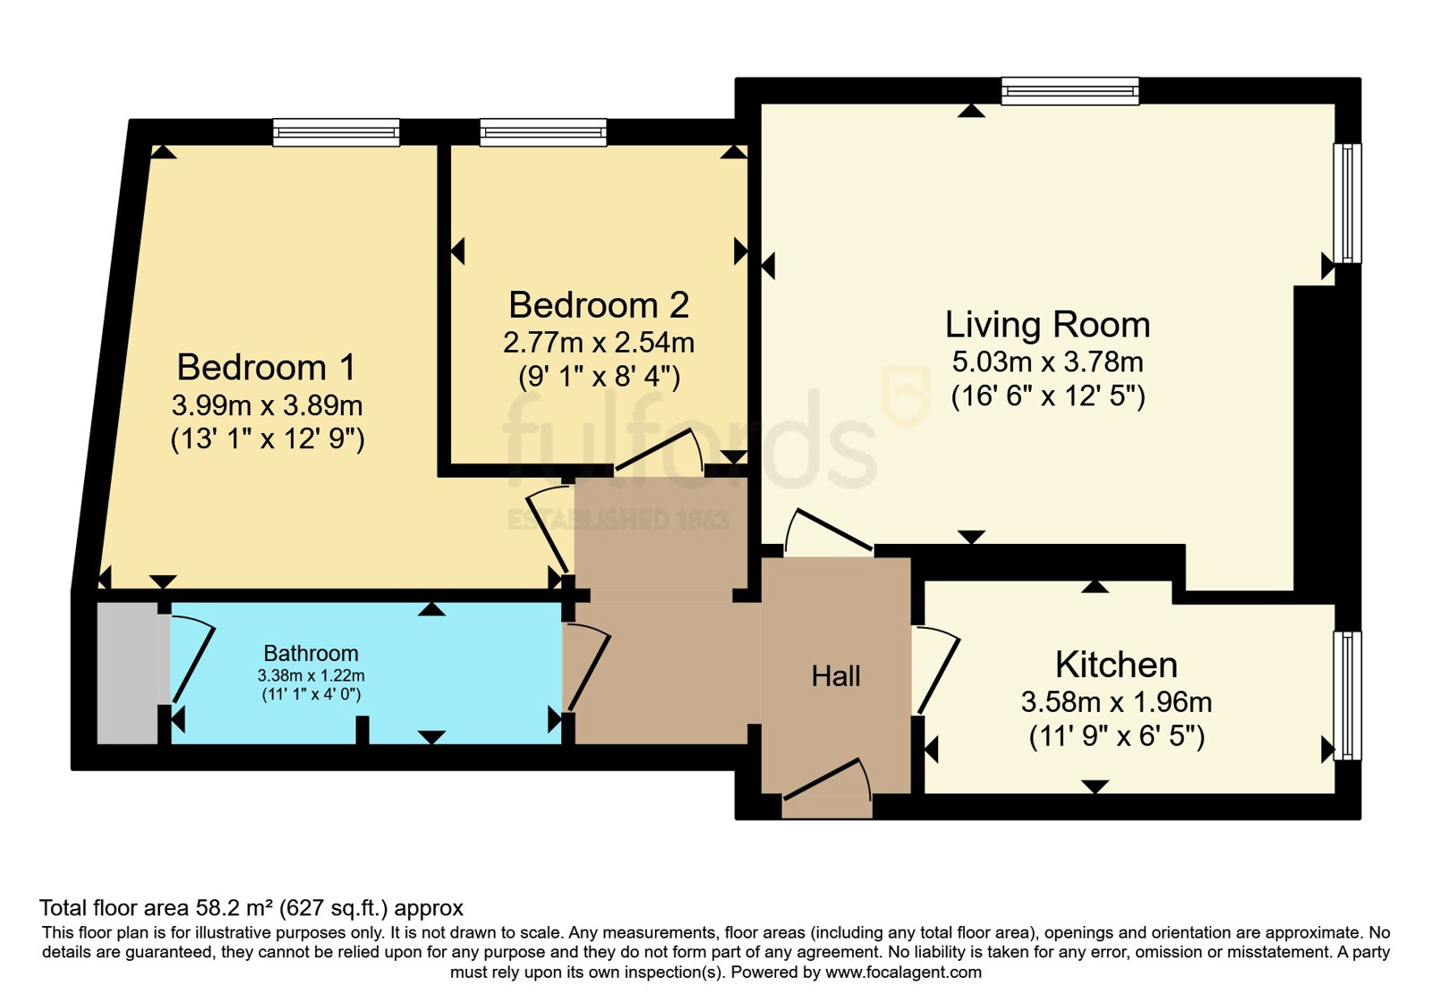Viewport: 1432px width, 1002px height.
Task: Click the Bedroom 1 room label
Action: (266, 368)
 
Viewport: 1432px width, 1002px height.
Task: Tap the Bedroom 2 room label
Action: (599, 305)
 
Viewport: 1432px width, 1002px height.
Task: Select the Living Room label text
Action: (1047, 325)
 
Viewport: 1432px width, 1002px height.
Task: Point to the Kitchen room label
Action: (1116, 665)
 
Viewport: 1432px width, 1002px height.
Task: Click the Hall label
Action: (836, 676)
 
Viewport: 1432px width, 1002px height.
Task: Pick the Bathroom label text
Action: (311, 653)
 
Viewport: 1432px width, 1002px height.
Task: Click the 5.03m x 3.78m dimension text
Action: (1047, 362)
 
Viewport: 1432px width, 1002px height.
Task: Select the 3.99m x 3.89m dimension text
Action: (267, 405)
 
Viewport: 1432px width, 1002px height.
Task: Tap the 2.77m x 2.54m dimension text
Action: (599, 343)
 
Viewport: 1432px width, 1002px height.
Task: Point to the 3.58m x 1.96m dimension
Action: (1116, 702)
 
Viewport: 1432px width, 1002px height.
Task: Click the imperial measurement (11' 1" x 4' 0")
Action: (311, 694)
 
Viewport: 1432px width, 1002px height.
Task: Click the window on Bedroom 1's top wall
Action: (336, 133)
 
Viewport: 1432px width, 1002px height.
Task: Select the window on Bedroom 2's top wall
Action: (542, 133)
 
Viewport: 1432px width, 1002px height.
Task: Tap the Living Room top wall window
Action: (1070, 91)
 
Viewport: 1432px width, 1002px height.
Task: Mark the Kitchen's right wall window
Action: (1347, 695)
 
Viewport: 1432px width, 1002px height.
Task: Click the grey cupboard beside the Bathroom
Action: (127, 673)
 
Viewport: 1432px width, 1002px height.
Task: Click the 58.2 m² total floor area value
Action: (234, 908)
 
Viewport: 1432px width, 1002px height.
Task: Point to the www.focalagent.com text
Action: (903, 972)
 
